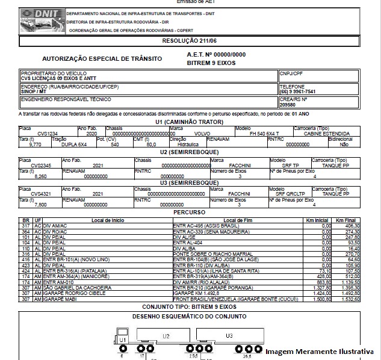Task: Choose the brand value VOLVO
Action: coord(203,133)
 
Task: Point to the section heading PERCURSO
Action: coord(190,213)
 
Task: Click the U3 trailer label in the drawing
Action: coord(229,335)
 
